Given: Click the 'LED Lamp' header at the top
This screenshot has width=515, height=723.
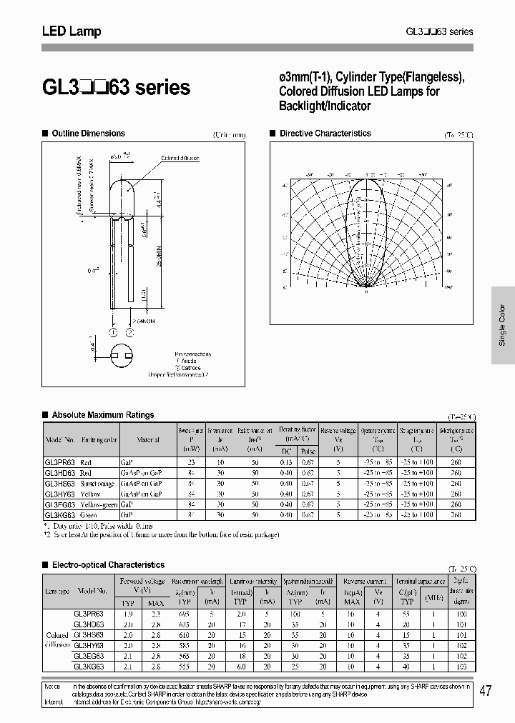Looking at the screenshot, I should pyautogui.click(x=71, y=31).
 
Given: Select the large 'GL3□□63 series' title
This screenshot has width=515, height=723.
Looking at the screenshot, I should pyautogui.click(x=116, y=88).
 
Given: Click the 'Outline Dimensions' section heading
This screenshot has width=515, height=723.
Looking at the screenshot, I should pyautogui.click(x=88, y=134).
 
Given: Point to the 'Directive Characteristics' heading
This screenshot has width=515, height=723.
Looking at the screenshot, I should pyautogui.click(x=325, y=134).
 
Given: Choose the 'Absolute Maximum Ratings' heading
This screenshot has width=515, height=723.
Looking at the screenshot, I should pyautogui.click(x=103, y=415).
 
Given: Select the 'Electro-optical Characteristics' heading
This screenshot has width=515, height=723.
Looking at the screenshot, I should pyautogui.click(x=108, y=565).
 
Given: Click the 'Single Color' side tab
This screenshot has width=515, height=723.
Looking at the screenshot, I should pyautogui.click(x=502, y=326).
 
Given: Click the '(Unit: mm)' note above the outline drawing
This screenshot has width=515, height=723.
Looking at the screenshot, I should pyautogui.click(x=229, y=135).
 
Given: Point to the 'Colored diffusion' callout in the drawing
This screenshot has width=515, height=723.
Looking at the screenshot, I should pyautogui.click(x=180, y=158).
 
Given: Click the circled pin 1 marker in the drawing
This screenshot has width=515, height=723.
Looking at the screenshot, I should pyautogui.click(x=113, y=331).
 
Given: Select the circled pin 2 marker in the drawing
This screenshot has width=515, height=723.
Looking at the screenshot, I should pyautogui.click(x=129, y=331).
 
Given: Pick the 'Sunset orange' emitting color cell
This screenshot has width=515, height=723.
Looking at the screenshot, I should pyautogui.click(x=97, y=484).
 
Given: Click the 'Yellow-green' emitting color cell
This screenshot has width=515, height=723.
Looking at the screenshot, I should pyautogui.click(x=98, y=504).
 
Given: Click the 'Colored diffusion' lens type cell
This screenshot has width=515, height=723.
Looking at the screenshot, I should pyautogui.click(x=57, y=639).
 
